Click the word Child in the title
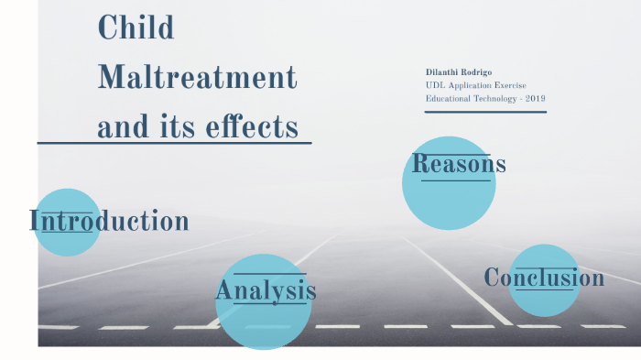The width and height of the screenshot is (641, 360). (136, 27)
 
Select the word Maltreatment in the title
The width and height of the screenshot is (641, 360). (197, 77)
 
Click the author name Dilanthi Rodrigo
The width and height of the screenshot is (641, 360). (460, 71)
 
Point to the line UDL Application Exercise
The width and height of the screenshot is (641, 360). (475, 85)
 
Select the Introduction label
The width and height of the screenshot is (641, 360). (109, 221)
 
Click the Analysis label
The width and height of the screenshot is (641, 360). (266, 291)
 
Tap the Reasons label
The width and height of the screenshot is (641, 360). (458, 164)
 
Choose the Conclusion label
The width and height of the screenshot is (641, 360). (544, 278)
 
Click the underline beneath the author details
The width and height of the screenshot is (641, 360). (485, 112)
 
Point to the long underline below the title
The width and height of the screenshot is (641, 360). (174, 144)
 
